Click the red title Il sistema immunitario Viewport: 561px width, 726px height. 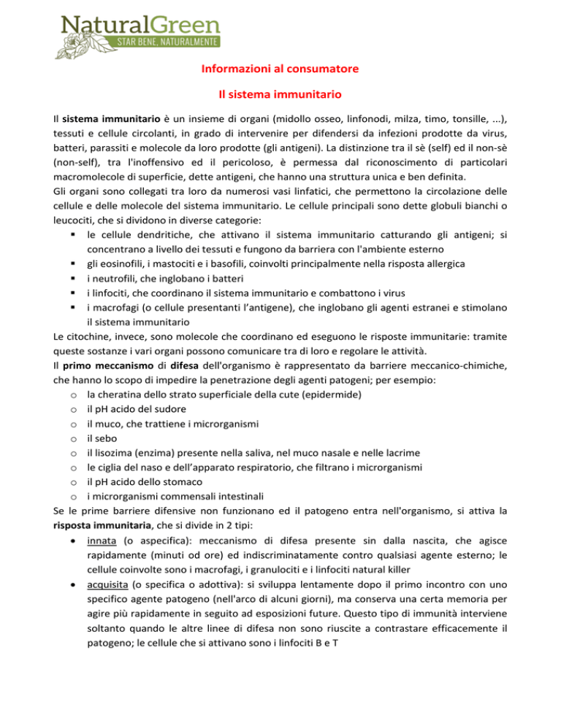tap(280, 95)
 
